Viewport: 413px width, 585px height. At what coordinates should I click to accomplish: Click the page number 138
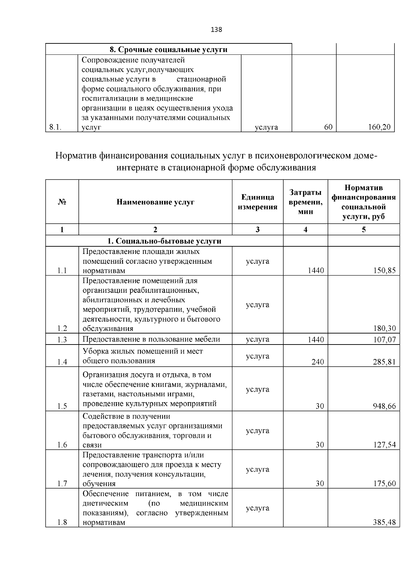pyautogui.click(x=216, y=30)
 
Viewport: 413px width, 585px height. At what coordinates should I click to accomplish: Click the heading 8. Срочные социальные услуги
pyautogui.click(x=168, y=50)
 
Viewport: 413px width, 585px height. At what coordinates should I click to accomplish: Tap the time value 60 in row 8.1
pyautogui.click(x=328, y=127)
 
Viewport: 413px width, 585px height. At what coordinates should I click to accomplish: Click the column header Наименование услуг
pyautogui.click(x=156, y=202)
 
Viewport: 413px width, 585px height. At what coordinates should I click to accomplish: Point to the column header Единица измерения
pyautogui.click(x=257, y=202)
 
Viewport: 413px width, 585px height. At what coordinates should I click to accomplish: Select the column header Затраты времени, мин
pyautogui.click(x=305, y=202)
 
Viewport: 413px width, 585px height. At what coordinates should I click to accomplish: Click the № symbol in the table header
pyautogui.click(x=62, y=202)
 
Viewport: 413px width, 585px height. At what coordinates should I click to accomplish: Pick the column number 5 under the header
pyautogui.click(x=364, y=230)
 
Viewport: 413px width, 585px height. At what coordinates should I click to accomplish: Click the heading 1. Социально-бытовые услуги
pyautogui.click(x=164, y=241)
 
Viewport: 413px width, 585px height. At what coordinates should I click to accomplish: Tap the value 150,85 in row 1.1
pyautogui.click(x=384, y=271)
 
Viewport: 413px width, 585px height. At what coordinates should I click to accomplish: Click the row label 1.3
pyautogui.click(x=62, y=340)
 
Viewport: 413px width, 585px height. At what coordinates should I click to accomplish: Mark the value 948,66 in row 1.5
pyautogui.click(x=384, y=407)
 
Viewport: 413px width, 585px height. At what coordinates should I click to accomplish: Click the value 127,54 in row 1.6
pyautogui.click(x=384, y=445)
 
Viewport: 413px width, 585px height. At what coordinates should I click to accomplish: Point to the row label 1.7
pyautogui.click(x=62, y=484)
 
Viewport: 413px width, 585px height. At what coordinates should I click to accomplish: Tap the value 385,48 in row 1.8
pyautogui.click(x=384, y=523)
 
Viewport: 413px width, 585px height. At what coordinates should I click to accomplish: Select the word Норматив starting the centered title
pyautogui.click(x=76, y=156)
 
